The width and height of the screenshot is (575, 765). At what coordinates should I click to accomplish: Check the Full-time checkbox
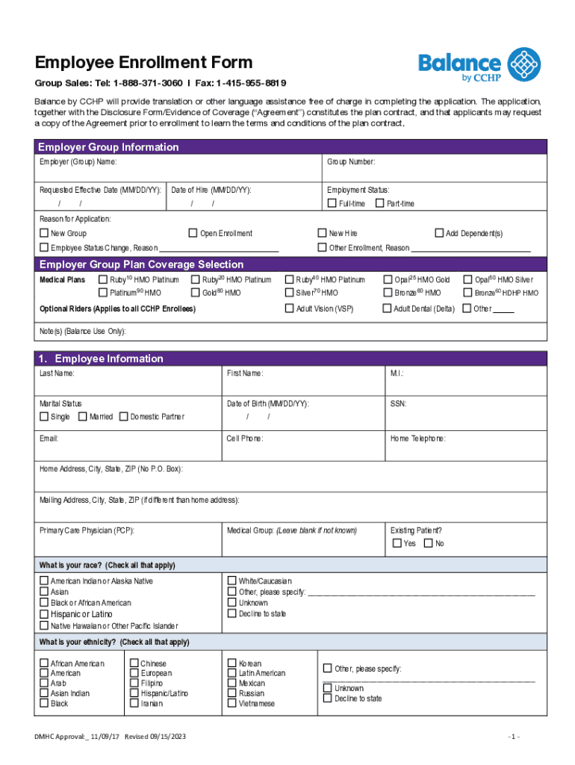click(x=332, y=204)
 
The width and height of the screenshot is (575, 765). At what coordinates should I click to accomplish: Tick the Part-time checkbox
click(x=380, y=204)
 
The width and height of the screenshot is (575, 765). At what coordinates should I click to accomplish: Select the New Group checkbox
click(x=44, y=234)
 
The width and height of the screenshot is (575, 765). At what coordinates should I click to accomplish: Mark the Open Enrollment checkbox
click(x=193, y=234)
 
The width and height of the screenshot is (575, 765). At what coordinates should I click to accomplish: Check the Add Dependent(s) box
click(x=439, y=234)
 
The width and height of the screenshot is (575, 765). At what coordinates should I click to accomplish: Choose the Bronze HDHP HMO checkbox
click(x=467, y=293)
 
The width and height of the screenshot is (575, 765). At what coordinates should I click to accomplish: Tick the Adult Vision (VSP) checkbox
click(x=290, y=309)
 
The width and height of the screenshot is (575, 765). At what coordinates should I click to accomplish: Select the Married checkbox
click(x=82, y=416)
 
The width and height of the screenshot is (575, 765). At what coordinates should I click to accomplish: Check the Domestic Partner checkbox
click(x=124, y=416)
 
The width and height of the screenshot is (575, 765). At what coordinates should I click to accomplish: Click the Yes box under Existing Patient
click(x=397, y=543)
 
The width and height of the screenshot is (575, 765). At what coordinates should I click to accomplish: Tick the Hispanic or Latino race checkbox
click(x=44, y=614)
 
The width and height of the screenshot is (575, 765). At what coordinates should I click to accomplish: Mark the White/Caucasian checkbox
click(x=231, y=580)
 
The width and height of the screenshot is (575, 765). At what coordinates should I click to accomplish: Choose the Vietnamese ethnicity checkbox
click(x=231, y=703)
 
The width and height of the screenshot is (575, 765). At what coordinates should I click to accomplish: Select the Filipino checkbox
click(x=134, y=683)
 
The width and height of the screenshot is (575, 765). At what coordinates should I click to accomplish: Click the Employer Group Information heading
click(x=109, y=147)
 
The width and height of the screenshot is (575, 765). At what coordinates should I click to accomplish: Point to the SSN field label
click(x=398, y=403)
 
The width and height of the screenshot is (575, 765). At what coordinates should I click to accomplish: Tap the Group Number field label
click(x=351, y=162)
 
